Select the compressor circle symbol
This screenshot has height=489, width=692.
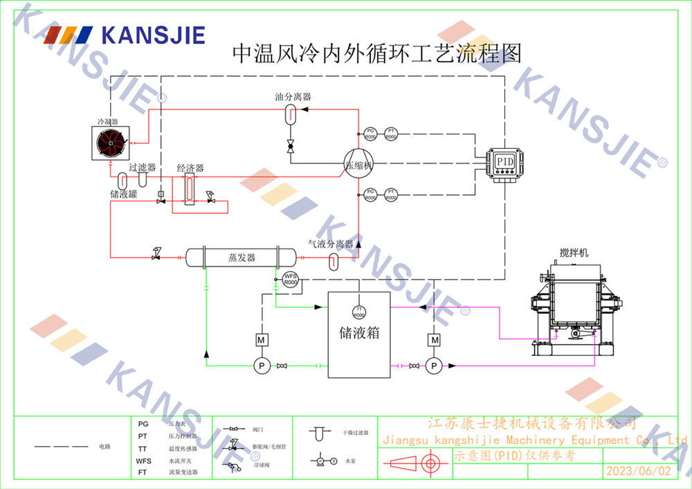(358, 166)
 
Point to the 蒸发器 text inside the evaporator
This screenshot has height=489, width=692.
(242, 258)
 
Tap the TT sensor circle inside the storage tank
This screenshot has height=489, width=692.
(359, 311)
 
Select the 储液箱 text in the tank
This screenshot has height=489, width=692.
(359, 333)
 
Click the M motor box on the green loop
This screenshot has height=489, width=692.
(262, 340)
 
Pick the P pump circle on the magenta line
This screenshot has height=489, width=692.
(434, 366)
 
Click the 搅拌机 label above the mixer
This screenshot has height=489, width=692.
(574, 253)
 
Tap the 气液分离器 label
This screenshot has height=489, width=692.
(330, 244)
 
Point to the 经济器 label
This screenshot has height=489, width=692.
(190, 168)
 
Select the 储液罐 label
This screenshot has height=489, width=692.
(123, 195)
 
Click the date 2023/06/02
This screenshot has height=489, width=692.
(638, 471)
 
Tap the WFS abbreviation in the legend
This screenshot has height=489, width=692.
(143, 461)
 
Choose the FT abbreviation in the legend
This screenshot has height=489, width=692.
(143, 472)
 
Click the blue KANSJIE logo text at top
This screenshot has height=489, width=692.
(153, 34)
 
